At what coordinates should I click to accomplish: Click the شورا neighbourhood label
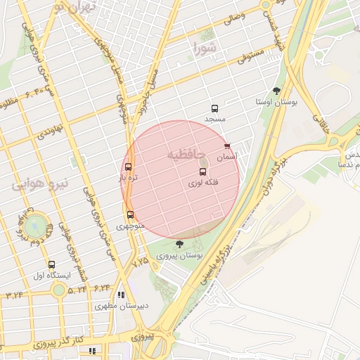[x=209, y=49]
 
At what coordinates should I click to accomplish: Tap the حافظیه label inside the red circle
[x=186, y=153]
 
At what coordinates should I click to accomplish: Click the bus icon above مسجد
[x=214, y=108]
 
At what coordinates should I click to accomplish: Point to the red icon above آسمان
[x=226, y=146]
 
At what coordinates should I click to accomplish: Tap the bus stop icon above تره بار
[x=128, y=167]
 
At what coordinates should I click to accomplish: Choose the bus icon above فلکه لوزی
[x=203, y=172]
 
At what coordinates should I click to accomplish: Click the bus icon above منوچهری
[x=130, y=215]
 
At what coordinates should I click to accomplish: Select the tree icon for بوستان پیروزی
[x=179, y=244]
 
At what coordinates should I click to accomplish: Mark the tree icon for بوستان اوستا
[x=276, y=91]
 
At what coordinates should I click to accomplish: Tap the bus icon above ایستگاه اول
[x=51, y=264]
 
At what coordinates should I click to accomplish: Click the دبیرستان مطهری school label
[x=122, y=307]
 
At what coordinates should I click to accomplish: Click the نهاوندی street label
[x=51, y=130]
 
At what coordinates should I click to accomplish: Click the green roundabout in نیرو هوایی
[x=34, y=226]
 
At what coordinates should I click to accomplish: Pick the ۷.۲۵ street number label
[x=141, y=261]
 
